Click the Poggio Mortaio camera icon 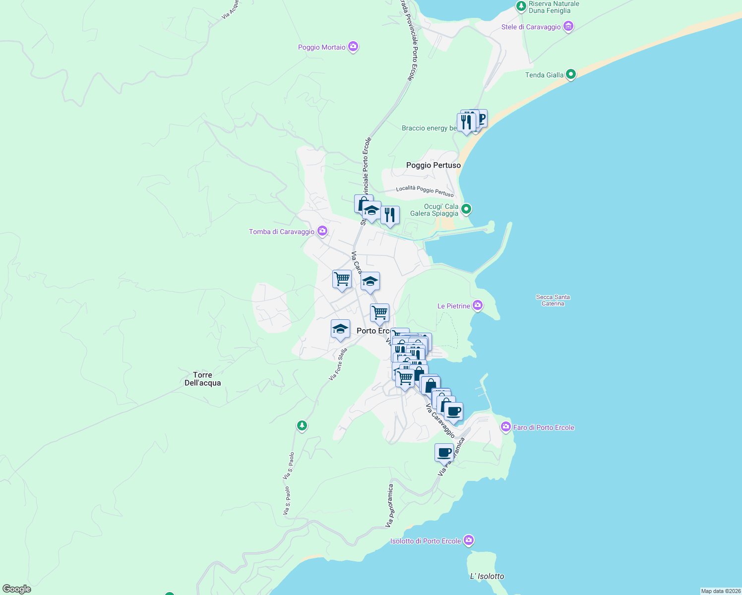(x=353, y=47)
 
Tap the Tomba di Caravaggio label (x=281, y=232)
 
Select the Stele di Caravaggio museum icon (x=568, y=27)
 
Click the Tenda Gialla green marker (x=570, y=75)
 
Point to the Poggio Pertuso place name (x=433, y=165)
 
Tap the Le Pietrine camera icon (x=478, y=305)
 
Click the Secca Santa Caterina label (x=553, y=300)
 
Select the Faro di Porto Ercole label (x=544, y=427)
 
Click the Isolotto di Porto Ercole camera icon (x=469, y=540)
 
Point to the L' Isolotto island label (x=487, y=576)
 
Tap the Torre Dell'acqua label (x=202, y=379)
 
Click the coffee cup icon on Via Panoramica (x=444, y=452)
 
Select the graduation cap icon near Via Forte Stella (x=340, y=329)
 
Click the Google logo (x=17, y=589)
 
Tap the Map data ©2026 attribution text (x=720, y=591)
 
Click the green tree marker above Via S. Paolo (x=302, y=425)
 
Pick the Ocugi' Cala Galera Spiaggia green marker (x=466, y=209)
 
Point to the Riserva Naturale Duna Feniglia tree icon (x=521, y=6)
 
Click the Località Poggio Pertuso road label (x=425, y=190)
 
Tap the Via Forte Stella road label (x=338, y=364)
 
